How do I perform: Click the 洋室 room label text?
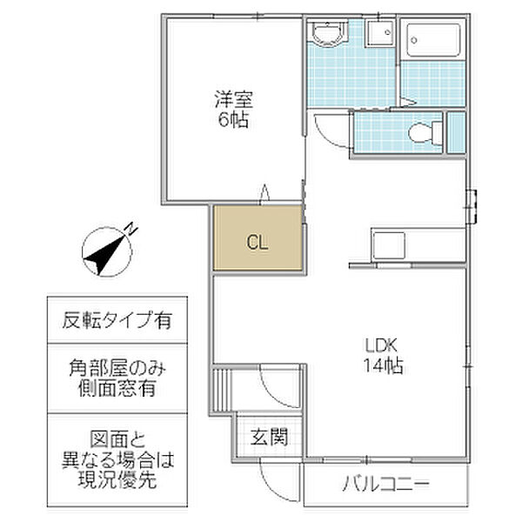pyautogui.click(x=234, y=99)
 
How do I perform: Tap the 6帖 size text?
pyautogui.click(x=233, y=120)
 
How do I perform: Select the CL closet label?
pyautogui.click(x=258, y=243)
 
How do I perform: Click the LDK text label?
pyautogui.click(x=381, y=345)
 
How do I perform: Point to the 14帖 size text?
pyautogui.click(x=383, y=365)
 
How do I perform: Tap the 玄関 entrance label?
pyautogui.click(x=269, y=437)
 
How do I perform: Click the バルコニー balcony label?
pyautogui.click(x=386, y=484)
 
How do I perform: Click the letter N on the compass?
pyautogui.click(x=131, y=229)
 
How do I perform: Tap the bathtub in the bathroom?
pyautogui.click(x=433, y=40)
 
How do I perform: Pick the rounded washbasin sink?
pyautogui.click(x=328, y=33)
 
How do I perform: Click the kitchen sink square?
pyautogui.click(x=389, y=245)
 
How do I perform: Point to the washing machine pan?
pyautogui.click(x=379, y=34)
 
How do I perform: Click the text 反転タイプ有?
pyautogui.click(x=117, y=320)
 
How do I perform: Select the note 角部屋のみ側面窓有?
pyautogui.click(x=117, y=378)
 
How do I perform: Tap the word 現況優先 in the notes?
pyautogui.click(x=117, y=479)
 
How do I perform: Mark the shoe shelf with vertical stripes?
pyautogui.click(x=221, y=390)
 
